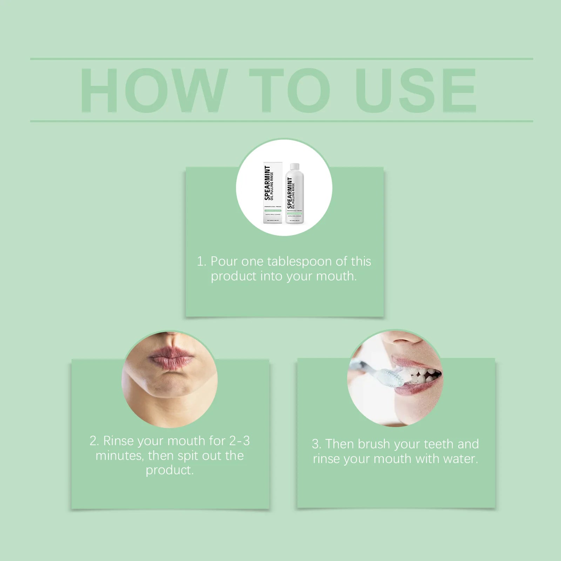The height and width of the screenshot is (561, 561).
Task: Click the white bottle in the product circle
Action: [295, 196]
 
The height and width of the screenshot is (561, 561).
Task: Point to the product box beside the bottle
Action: [273, 193]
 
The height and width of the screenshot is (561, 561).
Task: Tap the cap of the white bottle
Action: [295, 166]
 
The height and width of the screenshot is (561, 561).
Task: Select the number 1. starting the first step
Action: [201, 262]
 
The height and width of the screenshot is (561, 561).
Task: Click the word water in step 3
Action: [461, 459]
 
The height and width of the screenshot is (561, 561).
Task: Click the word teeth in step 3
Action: [438, 444]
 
